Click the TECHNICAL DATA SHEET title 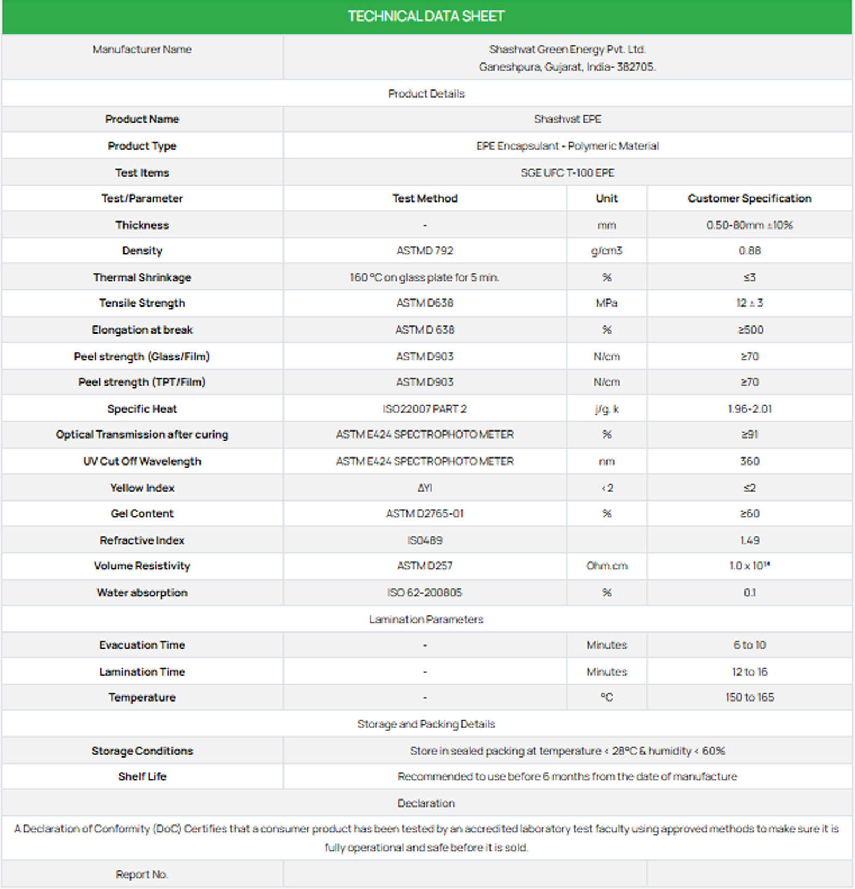(x=426, y=16)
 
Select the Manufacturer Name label (x=142, y=50)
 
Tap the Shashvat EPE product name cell (x=567, y=119)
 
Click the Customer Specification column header (x=749, y=198)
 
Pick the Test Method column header (x=425, y=198)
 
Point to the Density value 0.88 (x=749, y=251)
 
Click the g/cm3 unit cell (x=606, y=251)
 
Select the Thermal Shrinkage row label (x=142, y=277)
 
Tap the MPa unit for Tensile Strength (x=606, y=303)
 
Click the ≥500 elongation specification (x=750, y=330)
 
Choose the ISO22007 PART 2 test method (x=425, y=409)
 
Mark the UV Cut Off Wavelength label (x=142, y=461)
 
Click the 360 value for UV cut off (x=749, y=461)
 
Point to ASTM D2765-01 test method (x=425, y=513)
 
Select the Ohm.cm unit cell (x=606, y=566)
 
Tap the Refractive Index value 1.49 (x=749, y=540)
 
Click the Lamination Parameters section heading (x=426, y=620)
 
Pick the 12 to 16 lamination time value (x=749, y=672)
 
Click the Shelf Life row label (x=142, y=776)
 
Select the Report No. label (x=142, y=874)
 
